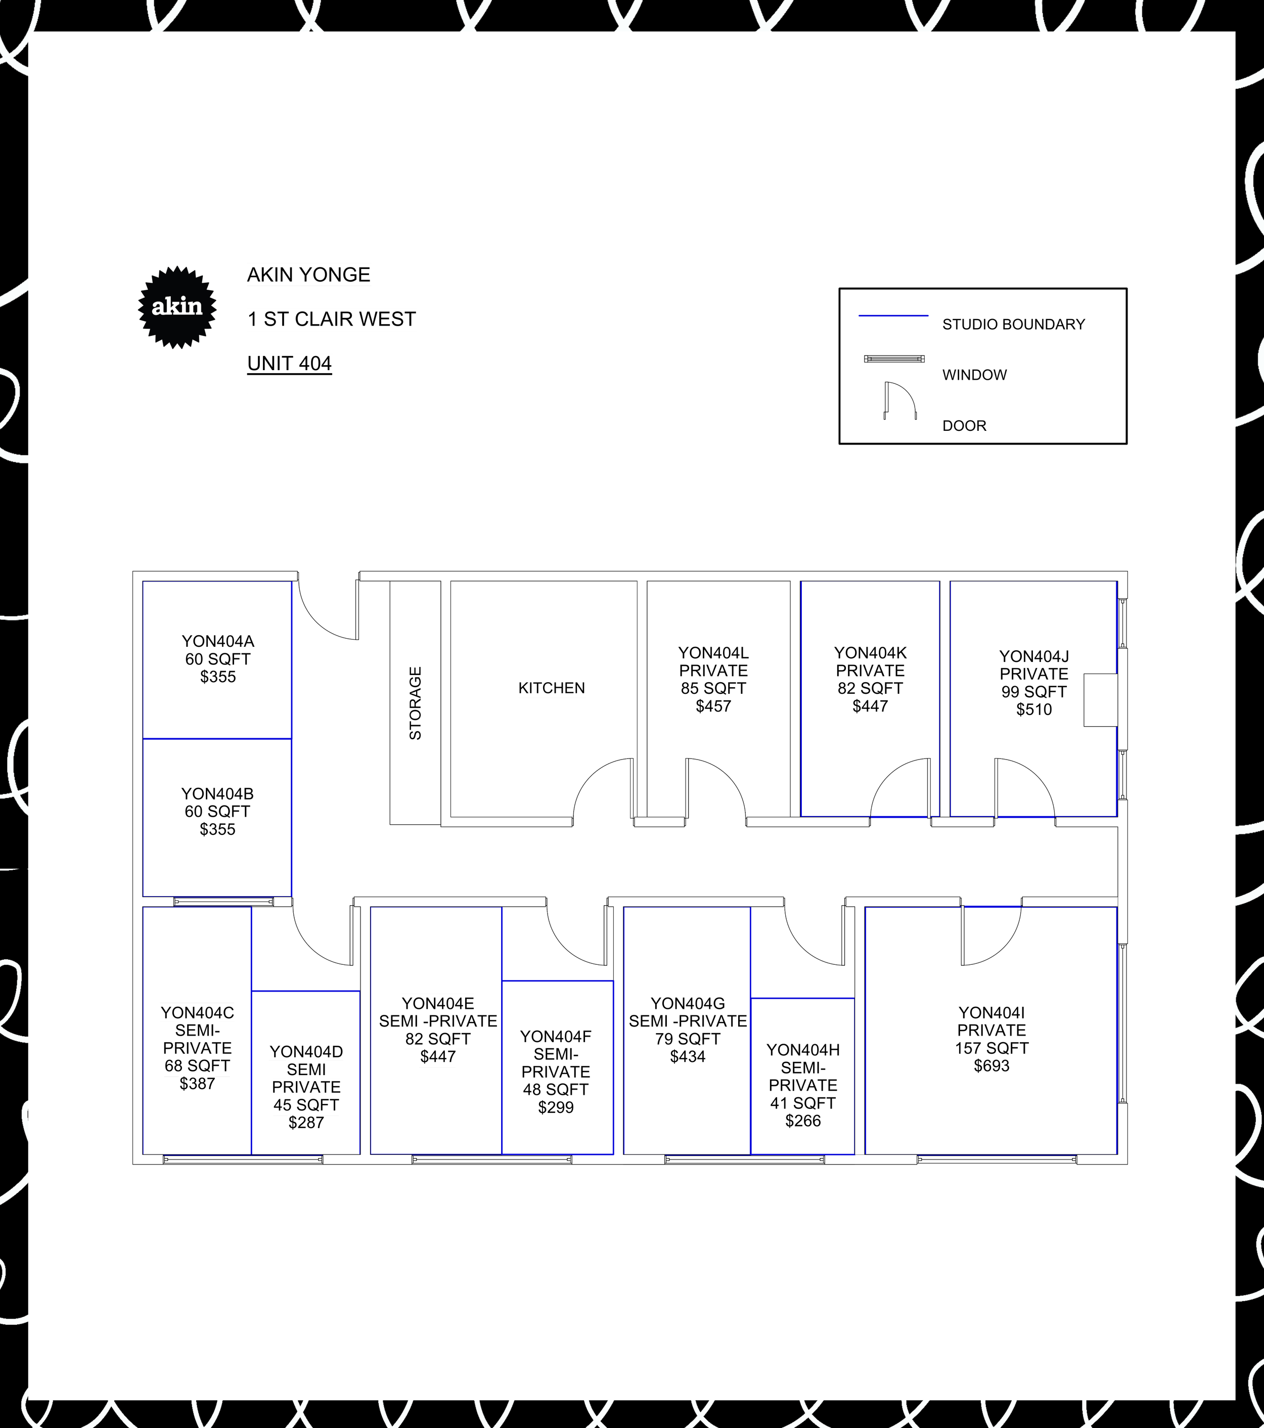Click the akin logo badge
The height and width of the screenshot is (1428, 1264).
(177, 307)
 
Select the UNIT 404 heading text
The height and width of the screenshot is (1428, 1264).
(289, 363)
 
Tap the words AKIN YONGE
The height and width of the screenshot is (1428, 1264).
(308, 275)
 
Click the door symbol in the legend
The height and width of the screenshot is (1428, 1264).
(899, 400)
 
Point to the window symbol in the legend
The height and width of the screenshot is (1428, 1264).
(894, 359)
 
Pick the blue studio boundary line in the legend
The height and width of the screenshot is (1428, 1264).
(893, 316)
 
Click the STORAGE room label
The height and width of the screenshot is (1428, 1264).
(415, 703)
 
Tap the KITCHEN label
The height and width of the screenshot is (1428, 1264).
(551, 688)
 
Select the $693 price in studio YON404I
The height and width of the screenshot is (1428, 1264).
(991, 1065)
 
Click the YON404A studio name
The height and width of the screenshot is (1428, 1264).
(218, 641)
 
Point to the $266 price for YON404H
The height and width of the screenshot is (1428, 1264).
(803, 1121)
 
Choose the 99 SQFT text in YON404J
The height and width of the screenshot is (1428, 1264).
(1033, 692)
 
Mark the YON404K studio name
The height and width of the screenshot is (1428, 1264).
(870, 653)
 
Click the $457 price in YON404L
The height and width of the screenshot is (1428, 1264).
(713, 706)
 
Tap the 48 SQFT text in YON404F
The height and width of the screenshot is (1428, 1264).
(556, 1089)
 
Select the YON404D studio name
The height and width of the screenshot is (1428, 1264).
(306, 1051)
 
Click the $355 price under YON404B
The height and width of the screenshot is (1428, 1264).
(217, 829)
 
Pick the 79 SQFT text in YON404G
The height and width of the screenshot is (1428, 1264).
(688, 1039)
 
